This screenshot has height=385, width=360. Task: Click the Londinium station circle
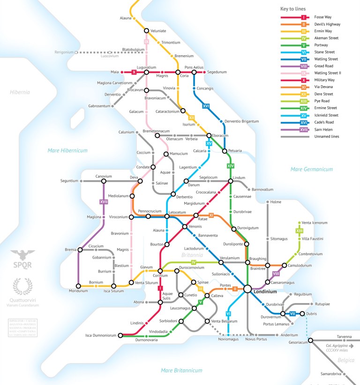tap(247, 289)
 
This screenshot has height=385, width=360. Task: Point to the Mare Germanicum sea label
tap(311, 169)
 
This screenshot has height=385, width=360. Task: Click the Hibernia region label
tap(20, 92)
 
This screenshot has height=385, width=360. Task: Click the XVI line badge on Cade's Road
tap(206, 106)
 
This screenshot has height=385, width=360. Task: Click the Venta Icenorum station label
tap(315, 222)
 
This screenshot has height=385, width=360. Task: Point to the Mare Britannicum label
tap(181, 370)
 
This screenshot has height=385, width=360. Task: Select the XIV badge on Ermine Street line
tap(230, 166)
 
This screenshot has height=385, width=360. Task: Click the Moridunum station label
tap(78, 291)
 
